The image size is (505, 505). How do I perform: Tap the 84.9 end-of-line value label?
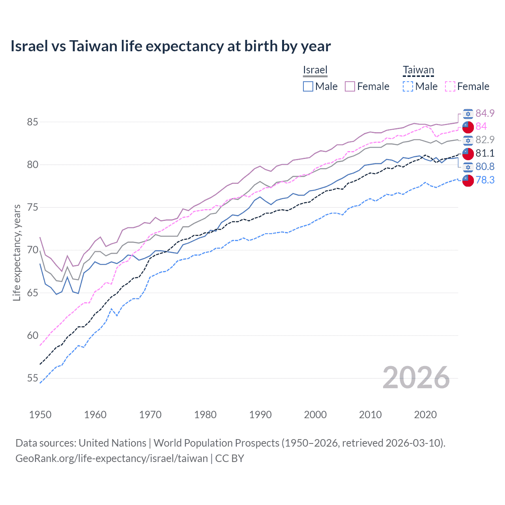click(x=485, y=113)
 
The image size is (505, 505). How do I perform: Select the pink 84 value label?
click(x=481, y=126)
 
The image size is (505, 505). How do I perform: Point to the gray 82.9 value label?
click(x=485, y=140)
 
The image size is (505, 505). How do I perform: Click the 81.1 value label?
click(x=485, y=153)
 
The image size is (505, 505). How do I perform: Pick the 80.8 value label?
click(x=485, y=166)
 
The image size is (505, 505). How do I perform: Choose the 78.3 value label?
click(x=485, y=180)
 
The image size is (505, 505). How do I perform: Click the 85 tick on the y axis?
click(x=32, y=122)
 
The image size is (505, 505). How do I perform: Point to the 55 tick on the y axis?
click(x=32, y=378)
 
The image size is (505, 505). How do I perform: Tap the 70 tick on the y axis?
click(x=32, y=250)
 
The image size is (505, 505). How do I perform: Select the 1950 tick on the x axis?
click(x=40, y=415)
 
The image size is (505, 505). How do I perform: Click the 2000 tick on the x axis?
click(x=315, y=415)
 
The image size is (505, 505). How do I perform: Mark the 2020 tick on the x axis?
click(x=425, y=415)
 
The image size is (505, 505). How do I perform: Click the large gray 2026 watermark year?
click(x=416, y=378)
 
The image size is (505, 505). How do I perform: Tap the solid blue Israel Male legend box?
click(x=308, y=86)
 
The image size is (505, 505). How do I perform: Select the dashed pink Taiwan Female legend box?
click(x=450, y=86)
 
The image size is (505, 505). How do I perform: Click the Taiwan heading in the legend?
click(x=418, y=70)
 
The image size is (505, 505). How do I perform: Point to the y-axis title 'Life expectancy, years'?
click(x=17, y=252)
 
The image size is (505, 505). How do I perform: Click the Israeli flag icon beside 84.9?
click(x=468, y=114)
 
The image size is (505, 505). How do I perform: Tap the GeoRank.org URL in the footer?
click(x=112, y=458)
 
